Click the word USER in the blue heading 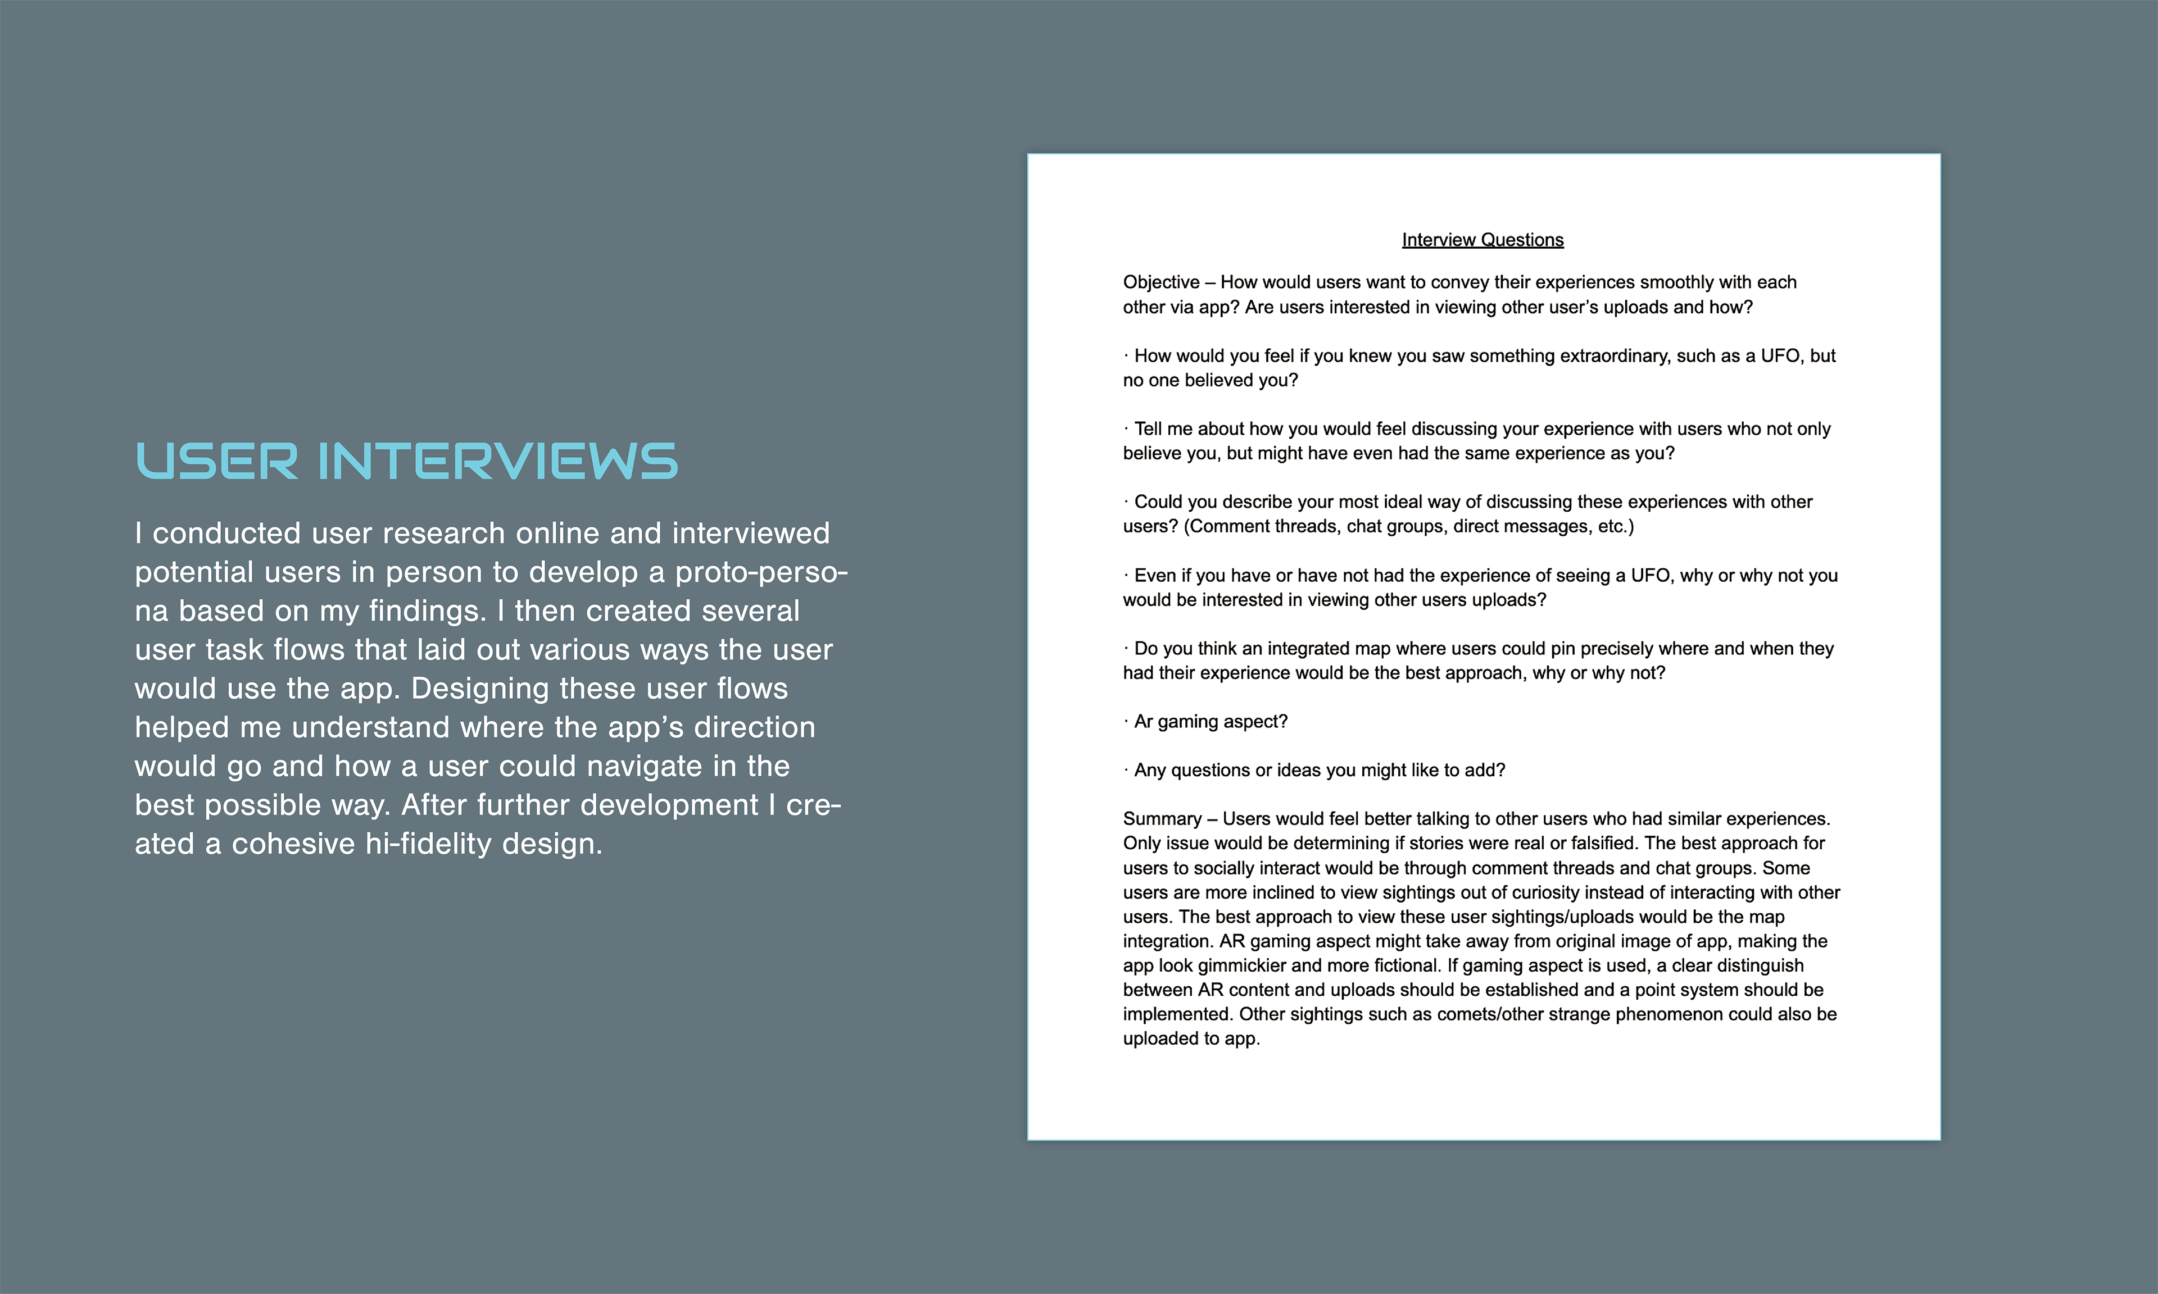point(216,461)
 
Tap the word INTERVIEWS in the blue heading point(497,461)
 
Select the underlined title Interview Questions point(1482,240)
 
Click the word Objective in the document point(1160,283)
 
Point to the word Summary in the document point(1162,819)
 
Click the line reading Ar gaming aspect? point(1210,721)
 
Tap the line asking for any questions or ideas point(1319,770)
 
